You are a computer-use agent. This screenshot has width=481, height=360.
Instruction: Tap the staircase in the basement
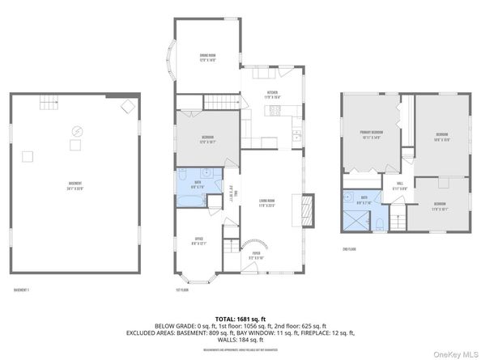pyautogui.click(x=50, y=103)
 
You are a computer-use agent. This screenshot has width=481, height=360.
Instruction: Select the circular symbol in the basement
pyautogui.click(x=78, y=130)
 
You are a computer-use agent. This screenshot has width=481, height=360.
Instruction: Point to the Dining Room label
pyautogui.click(x=208, y=57)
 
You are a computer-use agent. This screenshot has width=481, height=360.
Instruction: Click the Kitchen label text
pyautogui.click(x=274, y=95)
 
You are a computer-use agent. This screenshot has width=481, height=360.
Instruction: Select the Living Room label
pyautogui.click(x=267, y=201)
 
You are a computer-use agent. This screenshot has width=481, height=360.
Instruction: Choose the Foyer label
pyautogui.click(x=256, y=255)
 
